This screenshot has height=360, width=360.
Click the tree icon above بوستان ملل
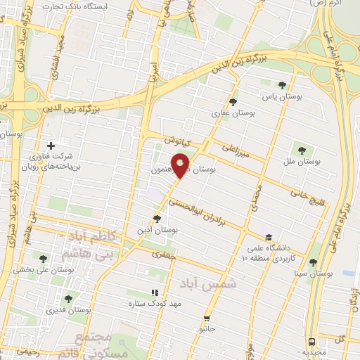[x=302, y=150]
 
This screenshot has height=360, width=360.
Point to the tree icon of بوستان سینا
[x=312, y=262]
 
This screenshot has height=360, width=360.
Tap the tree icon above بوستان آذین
[x=157, y=219]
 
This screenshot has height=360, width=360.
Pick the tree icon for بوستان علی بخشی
[x=44, y=258]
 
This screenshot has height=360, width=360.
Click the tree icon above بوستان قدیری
[x=68, y=299]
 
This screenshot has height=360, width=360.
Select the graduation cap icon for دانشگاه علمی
[x=269, y=237]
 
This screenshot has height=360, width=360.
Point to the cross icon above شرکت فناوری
[x=50, y=146]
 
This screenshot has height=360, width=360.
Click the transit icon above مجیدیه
[x=311, y=340]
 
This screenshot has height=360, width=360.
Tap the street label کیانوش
[x=178, y=141]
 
